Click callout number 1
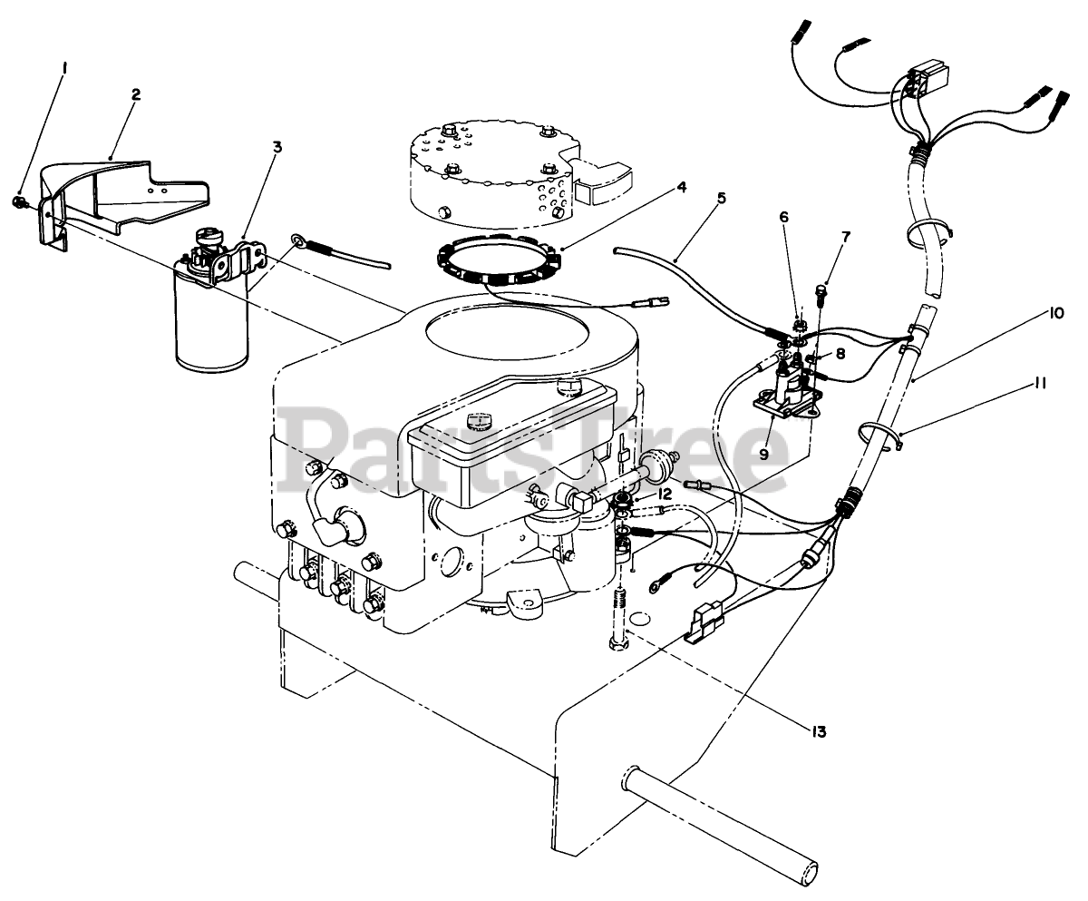coord(63,67)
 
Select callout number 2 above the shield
coord(135,94)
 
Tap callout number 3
coord(277,146)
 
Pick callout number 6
coord(783,216)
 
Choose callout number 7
coord(845,237)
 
